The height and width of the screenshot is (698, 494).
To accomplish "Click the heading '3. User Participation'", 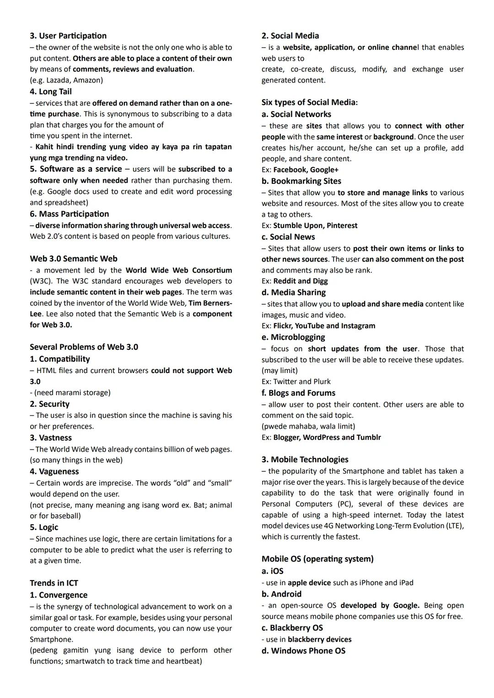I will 68,36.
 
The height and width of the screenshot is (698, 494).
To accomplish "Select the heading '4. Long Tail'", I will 51,91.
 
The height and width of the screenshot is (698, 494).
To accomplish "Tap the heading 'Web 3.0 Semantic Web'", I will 74,259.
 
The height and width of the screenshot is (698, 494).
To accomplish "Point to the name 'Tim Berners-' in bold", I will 210,303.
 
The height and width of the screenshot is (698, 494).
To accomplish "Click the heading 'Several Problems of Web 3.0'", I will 84,347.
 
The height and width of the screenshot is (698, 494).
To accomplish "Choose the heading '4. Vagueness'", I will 54,471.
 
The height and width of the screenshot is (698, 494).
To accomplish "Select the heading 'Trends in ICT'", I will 54,583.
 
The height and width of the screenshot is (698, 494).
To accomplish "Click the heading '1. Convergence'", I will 59,595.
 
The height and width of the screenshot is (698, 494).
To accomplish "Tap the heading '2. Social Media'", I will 290,36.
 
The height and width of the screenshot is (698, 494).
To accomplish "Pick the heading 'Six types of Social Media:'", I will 310,102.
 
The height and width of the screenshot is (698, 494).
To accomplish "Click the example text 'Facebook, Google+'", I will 306,170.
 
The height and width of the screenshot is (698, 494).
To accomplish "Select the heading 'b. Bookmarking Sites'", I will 301,181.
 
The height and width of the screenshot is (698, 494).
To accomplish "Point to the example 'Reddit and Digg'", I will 300,281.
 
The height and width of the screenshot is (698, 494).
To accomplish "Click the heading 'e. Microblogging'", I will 293,337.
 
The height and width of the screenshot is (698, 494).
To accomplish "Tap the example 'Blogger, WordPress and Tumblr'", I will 327,437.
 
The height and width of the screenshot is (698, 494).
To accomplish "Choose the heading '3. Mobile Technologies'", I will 305,459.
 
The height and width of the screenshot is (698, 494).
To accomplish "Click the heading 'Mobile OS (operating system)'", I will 317,559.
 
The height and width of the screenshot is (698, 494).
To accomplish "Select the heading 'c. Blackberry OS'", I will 292,628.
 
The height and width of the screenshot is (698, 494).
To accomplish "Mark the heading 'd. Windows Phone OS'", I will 303,650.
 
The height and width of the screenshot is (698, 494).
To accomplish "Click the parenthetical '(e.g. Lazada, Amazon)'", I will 66,80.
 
